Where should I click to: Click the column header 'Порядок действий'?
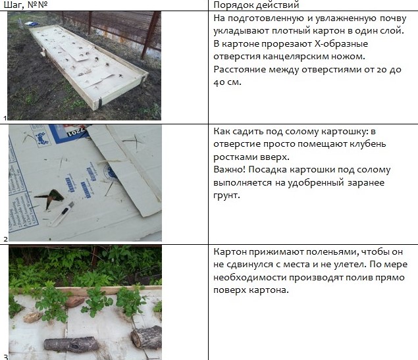(x=256, y=5)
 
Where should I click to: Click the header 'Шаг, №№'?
(x=26, y=5)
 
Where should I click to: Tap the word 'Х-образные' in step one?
(x=341, y=44)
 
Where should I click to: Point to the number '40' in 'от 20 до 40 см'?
(x=219, y=82)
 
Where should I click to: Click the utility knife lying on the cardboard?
(x=61, y=214)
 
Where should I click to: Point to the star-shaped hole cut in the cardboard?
(x=49, y=198)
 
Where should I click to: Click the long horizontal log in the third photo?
(x=71, y=345)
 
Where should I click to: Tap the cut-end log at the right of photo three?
(x=146, y=338)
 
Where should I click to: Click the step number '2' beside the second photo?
(x=6, y=239)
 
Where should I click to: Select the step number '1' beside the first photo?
(x=5, y=118)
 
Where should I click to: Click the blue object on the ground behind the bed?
(x=32, y=24)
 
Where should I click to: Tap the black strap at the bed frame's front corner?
(x=100, y=103)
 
